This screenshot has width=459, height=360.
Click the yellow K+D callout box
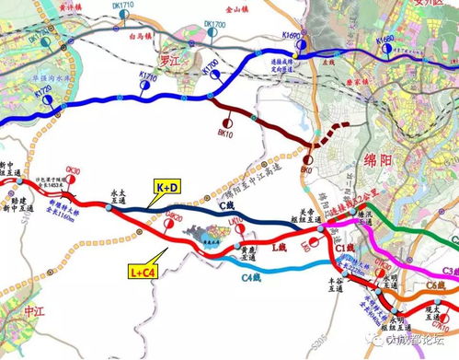pos(168,188)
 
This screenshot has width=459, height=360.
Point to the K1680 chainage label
pos(389,40)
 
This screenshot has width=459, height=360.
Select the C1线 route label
pos(345,248)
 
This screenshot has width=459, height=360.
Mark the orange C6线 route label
pos(437,288)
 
